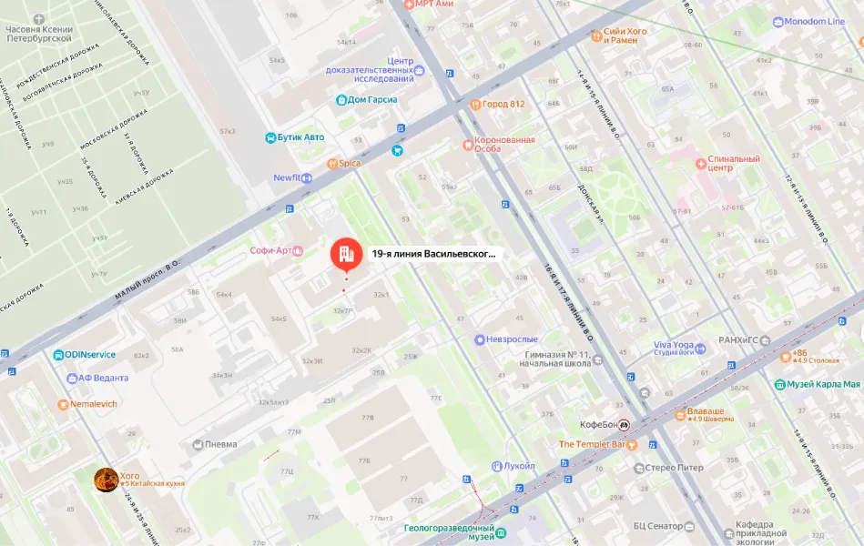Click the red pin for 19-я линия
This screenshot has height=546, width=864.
tap(344, 254)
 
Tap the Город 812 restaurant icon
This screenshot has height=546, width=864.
tap(474, 104)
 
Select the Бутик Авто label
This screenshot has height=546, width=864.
tap(301, 137)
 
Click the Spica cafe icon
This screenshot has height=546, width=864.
tap(332, 164)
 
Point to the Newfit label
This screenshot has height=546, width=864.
tap(286, 178)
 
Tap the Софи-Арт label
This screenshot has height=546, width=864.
tap(270, 250)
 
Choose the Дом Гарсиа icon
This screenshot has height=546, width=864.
tap(341, 100)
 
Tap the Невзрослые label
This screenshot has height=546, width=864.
tap(513, 339)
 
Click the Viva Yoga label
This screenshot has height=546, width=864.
tap(673, 346)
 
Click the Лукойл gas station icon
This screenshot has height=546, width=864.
tap(496, 466)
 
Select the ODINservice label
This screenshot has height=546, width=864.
tap(90, 355)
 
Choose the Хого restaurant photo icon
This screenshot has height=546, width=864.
tap(107, 479)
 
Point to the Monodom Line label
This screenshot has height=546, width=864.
tap(814, 22)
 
